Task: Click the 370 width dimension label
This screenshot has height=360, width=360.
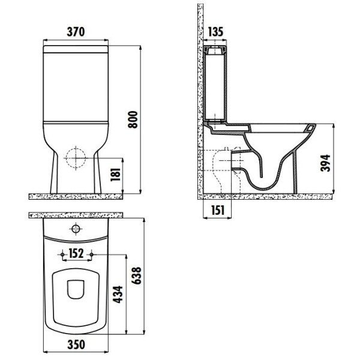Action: click(76, 32)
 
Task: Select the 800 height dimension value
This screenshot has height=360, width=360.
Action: click(133, 119)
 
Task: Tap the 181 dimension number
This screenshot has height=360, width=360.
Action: click(115, 175)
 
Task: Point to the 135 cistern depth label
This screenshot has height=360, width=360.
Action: click(215, 32)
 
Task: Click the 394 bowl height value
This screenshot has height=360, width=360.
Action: click(325, 163)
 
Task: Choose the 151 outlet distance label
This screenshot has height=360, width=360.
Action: click(217, 210)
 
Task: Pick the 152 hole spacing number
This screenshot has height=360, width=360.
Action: click(76, 253)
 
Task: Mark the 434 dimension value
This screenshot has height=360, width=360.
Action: click(118, 295)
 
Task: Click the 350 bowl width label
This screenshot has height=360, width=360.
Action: click(76, 344)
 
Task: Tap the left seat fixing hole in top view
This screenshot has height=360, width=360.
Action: click(62, 254)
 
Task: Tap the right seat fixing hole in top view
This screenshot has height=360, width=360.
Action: click(91, 254)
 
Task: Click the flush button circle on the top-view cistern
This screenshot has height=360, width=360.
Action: click(76, 229)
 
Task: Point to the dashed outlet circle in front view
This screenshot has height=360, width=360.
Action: click(76, 158)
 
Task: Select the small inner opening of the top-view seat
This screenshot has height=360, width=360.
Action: click(76, 289)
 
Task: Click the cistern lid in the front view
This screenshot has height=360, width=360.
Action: click(76, 49)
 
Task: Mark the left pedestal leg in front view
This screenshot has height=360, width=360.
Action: click(54, 172)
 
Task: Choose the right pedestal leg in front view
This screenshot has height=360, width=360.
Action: click(98, 172)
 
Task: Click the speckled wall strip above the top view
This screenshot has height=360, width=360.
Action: click(76, 215)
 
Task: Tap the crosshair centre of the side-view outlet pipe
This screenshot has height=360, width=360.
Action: click(232, 160)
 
